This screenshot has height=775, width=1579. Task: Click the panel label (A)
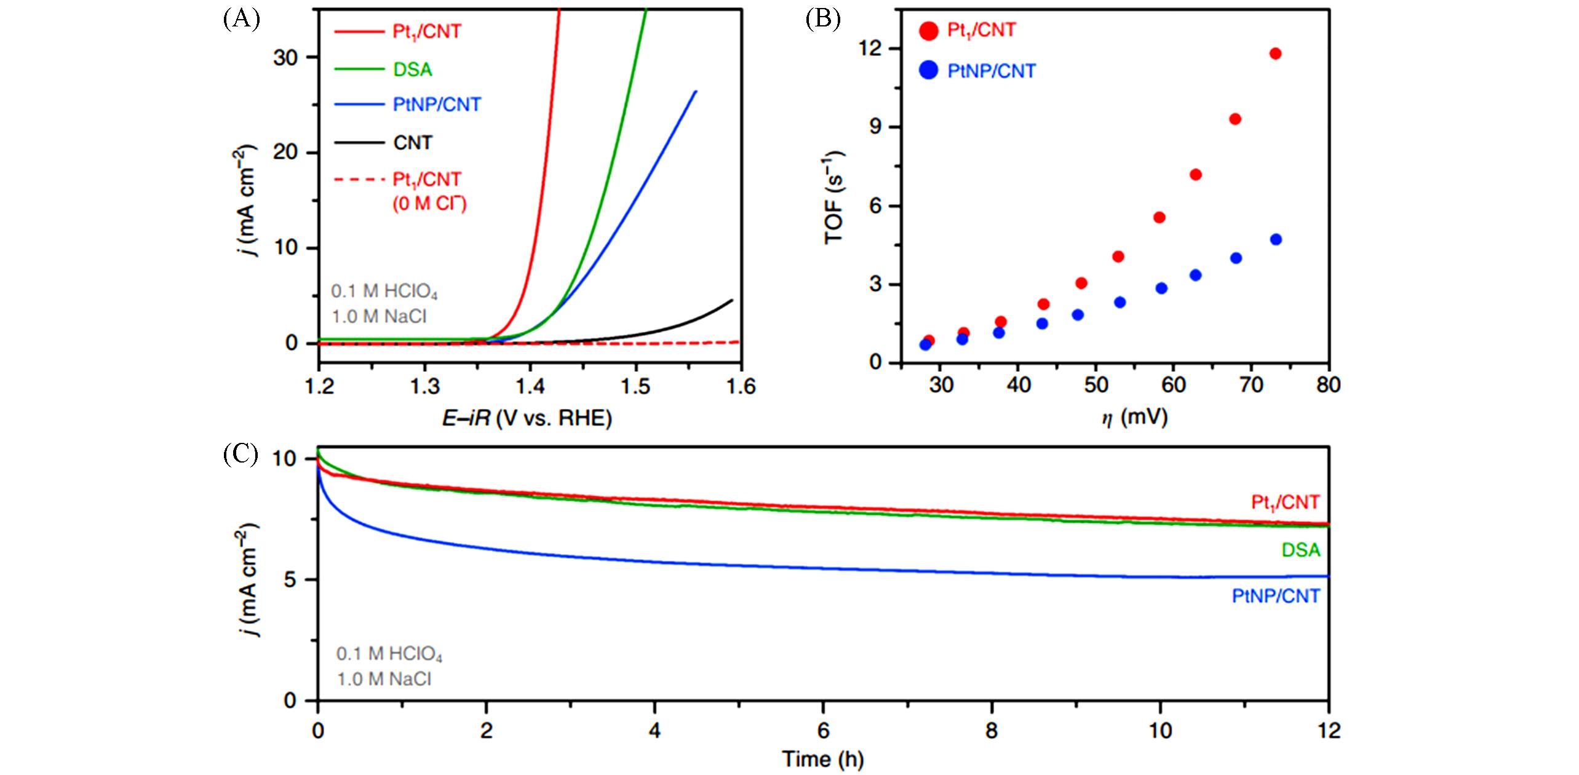[x=242, y=20]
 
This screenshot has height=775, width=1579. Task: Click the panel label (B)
[x=822, y=20]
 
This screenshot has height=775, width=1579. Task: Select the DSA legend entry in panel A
[x=412, y=70]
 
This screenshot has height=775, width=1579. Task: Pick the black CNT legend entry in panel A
[x=412, y=143]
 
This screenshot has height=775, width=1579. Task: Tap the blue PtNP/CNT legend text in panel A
[x=437, y=105]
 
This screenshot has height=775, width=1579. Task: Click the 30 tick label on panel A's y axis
[x=285, y=58]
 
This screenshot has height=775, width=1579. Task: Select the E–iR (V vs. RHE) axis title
[x=527, y=419]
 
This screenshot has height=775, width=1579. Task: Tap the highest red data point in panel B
[x=1275, y=54]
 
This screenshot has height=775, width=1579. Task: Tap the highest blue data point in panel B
[x=1276, y=239]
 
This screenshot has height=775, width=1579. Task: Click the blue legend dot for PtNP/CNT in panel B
[x=928, y=71]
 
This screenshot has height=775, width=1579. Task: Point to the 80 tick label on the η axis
[x=1328, y=386]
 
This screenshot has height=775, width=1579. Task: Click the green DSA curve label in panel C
[x=1300, y=550]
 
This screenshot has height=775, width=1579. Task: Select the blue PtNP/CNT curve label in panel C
[x=1276, y=596]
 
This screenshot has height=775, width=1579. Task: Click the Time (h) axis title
[x=822, y=759]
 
